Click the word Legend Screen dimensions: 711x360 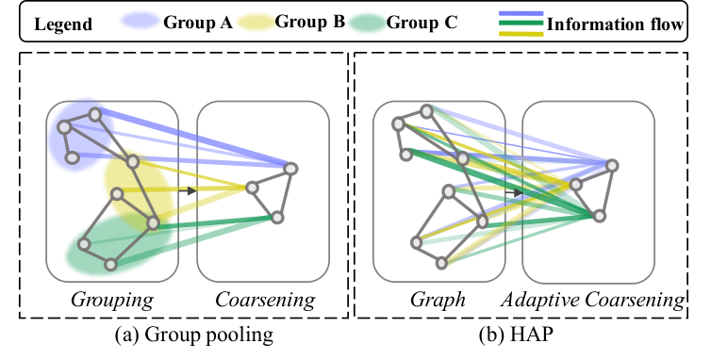(x=63, y=24)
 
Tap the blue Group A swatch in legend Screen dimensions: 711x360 (x=141, y=21)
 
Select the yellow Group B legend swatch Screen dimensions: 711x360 (x=255, y=22)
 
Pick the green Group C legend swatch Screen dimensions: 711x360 (x=368, y=24)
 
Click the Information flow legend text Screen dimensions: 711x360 (x=615, y=24)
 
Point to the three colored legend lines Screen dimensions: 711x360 (x=521, y=24)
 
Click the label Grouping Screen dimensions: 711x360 (x=112, y=300)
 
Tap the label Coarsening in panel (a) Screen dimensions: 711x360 (x=265, y=300)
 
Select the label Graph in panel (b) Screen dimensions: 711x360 (x=438, y=300)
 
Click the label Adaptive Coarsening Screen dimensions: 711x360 (x=592, y=300)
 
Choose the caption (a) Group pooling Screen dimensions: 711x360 (x=194, y=335)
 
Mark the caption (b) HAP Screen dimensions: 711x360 (x=517, y=335)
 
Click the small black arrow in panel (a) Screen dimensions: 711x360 (x=188, y=191)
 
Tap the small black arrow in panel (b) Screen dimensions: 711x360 (x=514, y=192)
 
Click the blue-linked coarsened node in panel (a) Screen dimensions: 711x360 (x=290, y=169)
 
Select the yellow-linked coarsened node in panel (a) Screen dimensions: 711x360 (x=252, y=188)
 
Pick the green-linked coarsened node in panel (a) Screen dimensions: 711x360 (x=277, y=218)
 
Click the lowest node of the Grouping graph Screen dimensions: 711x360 (x=110, y=264)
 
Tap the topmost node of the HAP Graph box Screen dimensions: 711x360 (x=426, y=111)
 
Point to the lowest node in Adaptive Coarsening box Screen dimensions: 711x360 (x=600, y=216)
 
